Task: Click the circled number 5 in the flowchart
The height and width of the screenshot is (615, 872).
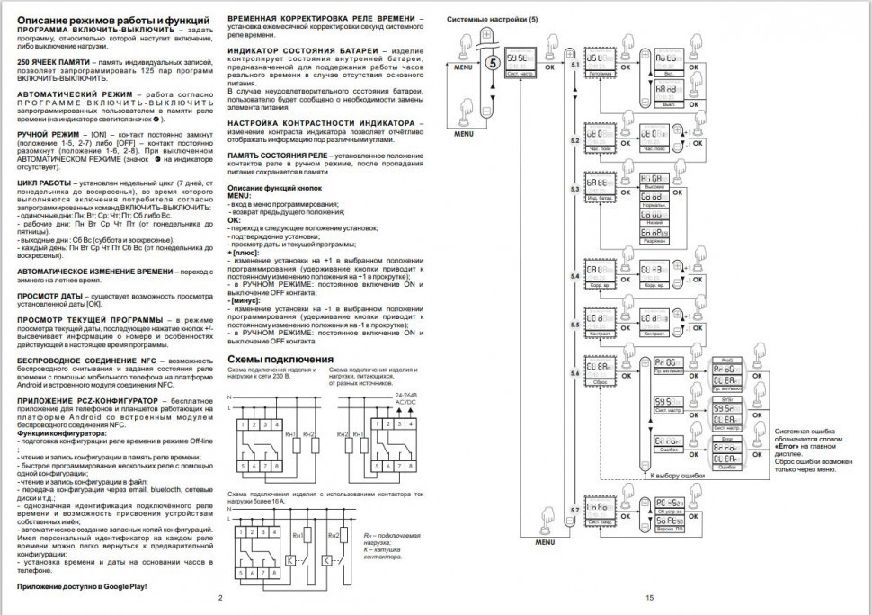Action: click(x=492, y=63)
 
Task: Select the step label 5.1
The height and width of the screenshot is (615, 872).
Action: click(x=575, y=66)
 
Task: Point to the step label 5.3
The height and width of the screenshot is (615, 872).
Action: click(x=575, y=190)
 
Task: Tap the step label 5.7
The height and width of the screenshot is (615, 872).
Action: click(x=575, y=512)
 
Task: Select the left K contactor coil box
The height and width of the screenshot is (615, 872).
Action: click(x=289, y=560)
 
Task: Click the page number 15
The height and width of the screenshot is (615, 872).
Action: click(x=648, y=597)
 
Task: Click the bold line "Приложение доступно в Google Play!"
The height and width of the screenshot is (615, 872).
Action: click(x=81, y=586)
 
